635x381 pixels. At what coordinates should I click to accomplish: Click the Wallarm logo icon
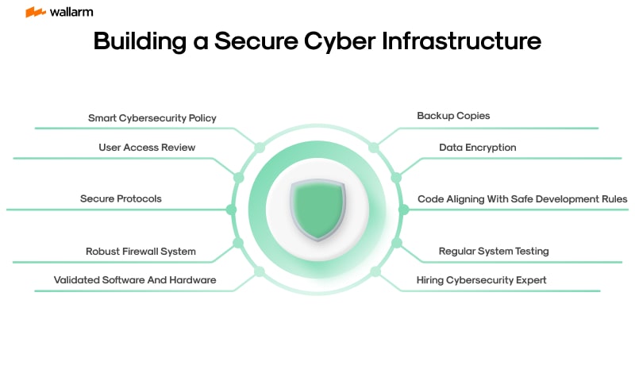[35, 12]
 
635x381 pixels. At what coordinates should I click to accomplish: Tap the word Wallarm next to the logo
[71, 12]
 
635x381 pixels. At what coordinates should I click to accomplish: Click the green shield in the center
[317, 210]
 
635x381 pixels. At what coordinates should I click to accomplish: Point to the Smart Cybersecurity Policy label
[152, 117]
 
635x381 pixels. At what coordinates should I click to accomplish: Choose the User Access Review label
[147, 147]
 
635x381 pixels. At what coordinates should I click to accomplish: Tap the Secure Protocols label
[121, 198]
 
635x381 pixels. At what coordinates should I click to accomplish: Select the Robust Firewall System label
[140, 251]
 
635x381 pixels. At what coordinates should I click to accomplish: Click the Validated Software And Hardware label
[135, 279]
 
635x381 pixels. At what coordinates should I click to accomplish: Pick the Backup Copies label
[453, 115]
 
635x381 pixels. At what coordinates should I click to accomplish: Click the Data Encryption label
[478, 147]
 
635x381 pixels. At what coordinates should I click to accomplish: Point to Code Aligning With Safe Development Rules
[522, 198]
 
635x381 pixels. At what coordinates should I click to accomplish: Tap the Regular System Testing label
[494, 251]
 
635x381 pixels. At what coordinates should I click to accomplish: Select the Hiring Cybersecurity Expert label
[482, 279]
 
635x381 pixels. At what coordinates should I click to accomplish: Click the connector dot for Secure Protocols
[231, 210]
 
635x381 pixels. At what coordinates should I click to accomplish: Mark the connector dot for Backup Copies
[374, 148]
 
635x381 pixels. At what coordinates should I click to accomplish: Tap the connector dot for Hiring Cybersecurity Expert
[375, 271]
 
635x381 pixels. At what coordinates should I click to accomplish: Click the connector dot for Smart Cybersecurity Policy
[259, 148]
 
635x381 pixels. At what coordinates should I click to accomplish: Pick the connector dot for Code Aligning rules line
[403, 210]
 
